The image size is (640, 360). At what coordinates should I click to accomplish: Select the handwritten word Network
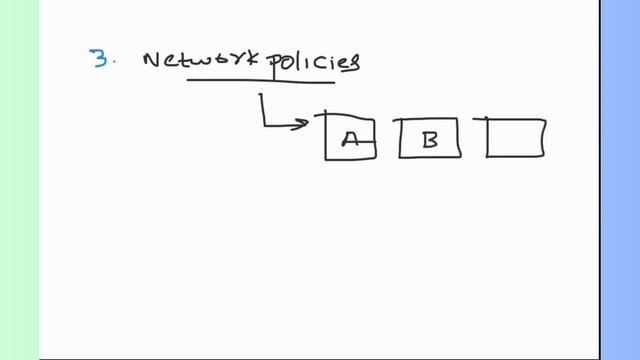point(206,61)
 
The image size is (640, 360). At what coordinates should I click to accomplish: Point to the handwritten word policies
point(315,63)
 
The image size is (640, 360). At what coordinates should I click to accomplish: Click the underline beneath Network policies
point(260,82)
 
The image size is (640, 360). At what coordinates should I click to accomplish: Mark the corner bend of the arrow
point(263,126)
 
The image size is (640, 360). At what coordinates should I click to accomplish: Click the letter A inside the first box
point(350,139)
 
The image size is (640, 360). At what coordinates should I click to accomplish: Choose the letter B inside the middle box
point(430,139)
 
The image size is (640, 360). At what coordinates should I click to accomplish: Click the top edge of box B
point(430,120)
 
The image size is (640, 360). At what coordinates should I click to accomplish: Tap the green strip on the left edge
point(19,180)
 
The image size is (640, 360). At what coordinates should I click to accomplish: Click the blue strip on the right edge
point(619,180)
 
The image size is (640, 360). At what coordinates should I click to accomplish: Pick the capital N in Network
point(152,60)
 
